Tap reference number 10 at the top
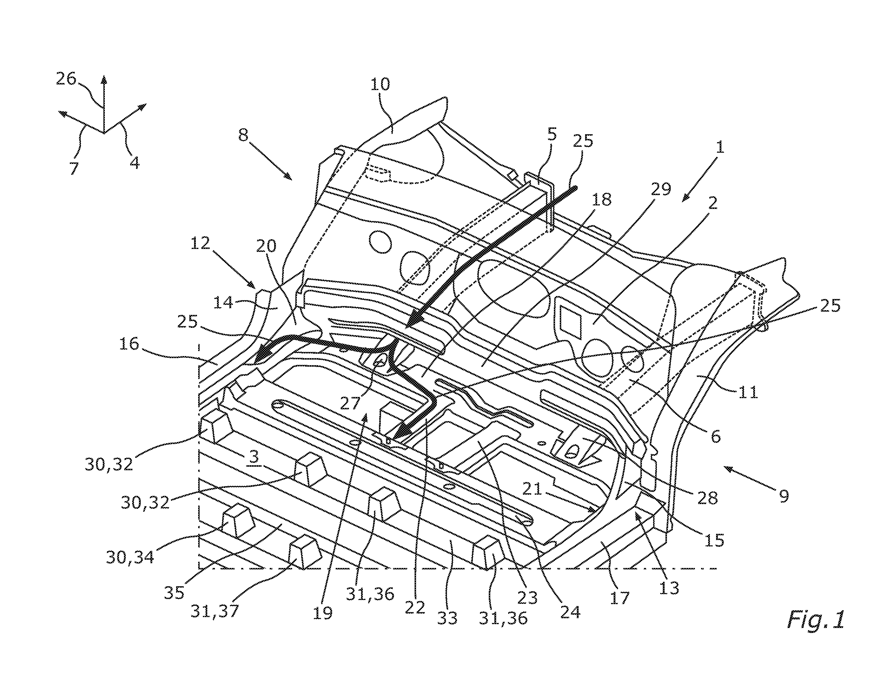tap(380, 84)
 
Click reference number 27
tap(350, 404)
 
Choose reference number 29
tap(661, 189)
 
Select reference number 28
tap(708, 498)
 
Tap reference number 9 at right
tap(784, 495)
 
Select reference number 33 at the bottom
tap(448, 618)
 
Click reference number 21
tap(532, 490)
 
